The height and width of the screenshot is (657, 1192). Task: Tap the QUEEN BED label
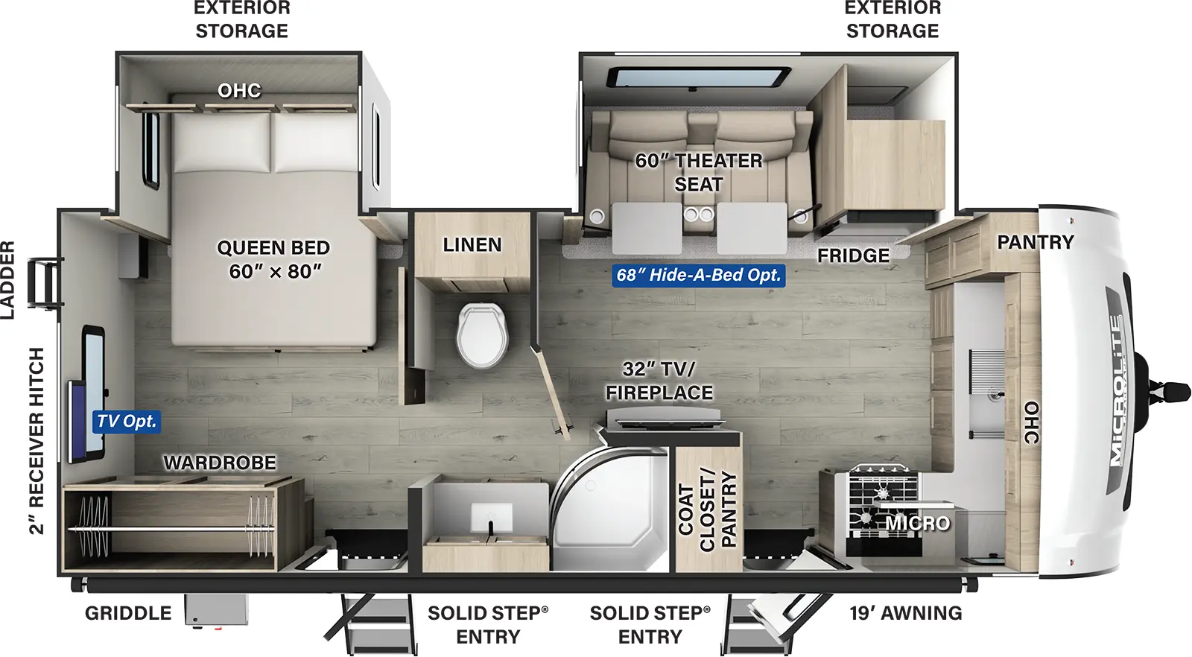(x=273, y=259)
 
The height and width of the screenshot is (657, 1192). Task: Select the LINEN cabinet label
(x=472, y=245)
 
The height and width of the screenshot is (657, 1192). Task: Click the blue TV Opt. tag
(x=127, y=422)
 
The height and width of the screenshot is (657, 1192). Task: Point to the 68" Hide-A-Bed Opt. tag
(x=698, y=276)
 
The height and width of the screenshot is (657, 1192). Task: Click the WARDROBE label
(x=220, y=463)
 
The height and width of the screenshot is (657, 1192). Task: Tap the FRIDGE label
(x=853, y=256)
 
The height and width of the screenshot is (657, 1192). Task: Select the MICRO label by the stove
(x=918, y=524)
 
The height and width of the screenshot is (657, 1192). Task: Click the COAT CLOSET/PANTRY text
(x=707, y=510)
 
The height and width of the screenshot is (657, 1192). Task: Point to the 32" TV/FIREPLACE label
(x=659, y=381)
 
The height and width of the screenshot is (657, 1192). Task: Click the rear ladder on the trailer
(x=43, y=282)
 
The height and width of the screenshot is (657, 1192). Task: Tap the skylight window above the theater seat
(x=699, y=77)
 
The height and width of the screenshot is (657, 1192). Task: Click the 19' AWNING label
(x=905, y=613)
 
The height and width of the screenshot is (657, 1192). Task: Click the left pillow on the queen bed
(x=221, y=142)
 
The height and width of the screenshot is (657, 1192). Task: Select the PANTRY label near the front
(x=1035, y=242)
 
